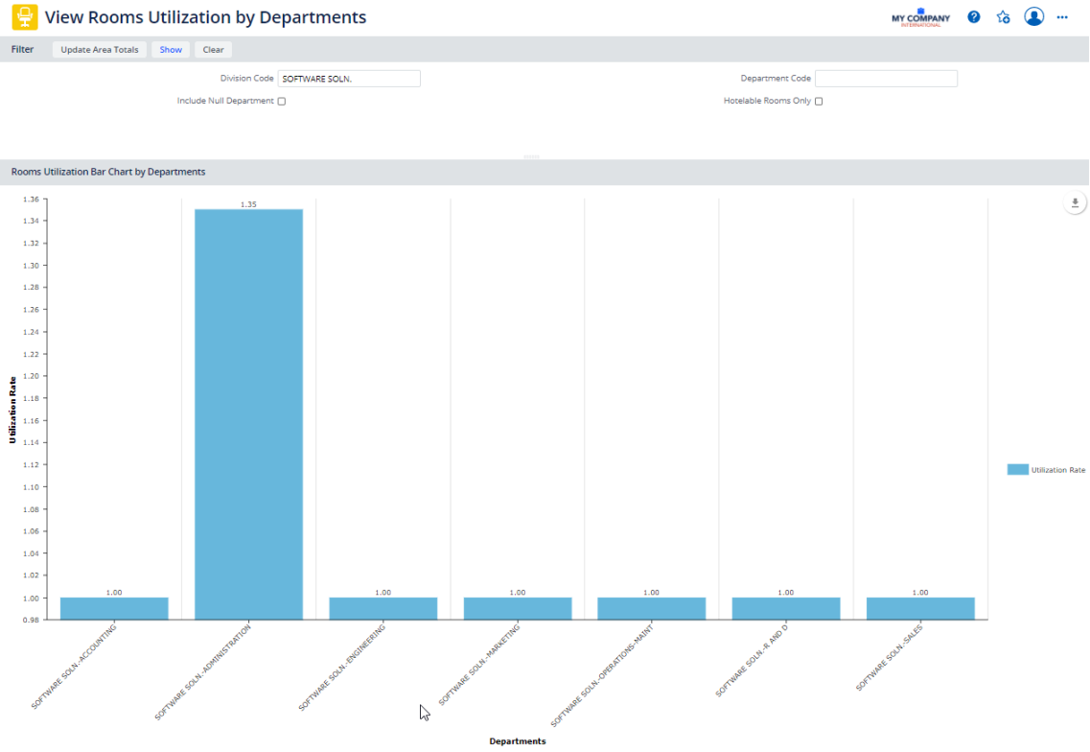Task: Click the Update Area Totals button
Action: [x=100, y=50]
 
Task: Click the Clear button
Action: [x=213, y=50]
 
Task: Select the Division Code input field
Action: [x=349, y=79]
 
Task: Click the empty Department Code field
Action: [x=886, y=79]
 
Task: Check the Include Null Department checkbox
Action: [x=282, y=102]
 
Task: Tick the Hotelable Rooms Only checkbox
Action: [x=819, y=102]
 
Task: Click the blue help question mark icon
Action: [x=974, y=17]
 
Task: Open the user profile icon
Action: [x=1033, y=17]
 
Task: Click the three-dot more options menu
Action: [x=1062, y=17]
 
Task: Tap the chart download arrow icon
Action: [x=1075, y=203]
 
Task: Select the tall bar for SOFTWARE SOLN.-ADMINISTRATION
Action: [x=248, y=412]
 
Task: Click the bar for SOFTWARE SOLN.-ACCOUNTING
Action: [x=114, y=608]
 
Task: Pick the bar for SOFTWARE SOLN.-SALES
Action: [x=920, y=608]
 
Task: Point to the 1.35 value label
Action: [x=248, y=204]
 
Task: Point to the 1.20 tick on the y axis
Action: [x=31, y=376]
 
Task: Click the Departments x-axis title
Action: [x=517, y=741]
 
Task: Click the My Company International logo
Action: [x=920, y=18]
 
